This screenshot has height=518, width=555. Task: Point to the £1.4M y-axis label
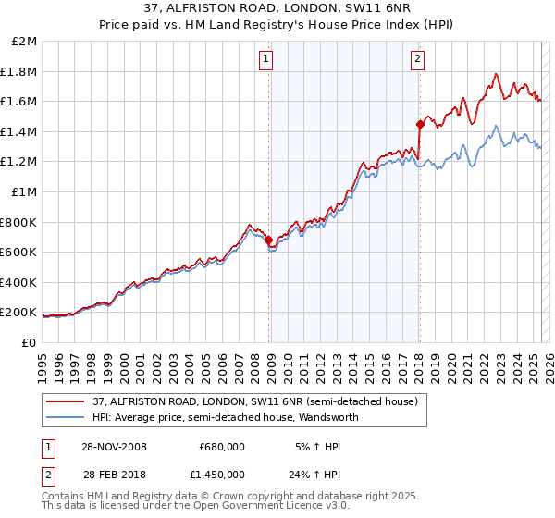point(18,131)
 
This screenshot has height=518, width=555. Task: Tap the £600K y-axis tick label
point(18,252)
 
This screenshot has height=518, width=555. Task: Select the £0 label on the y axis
point(28,342)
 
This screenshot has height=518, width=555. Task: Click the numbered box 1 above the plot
point(265,60)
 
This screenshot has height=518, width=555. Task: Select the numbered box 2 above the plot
point(417,60)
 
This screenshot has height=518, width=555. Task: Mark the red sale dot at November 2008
point(269,240)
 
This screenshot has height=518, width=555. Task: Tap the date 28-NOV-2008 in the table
point(115,447)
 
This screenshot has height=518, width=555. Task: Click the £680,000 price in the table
point(222,447)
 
